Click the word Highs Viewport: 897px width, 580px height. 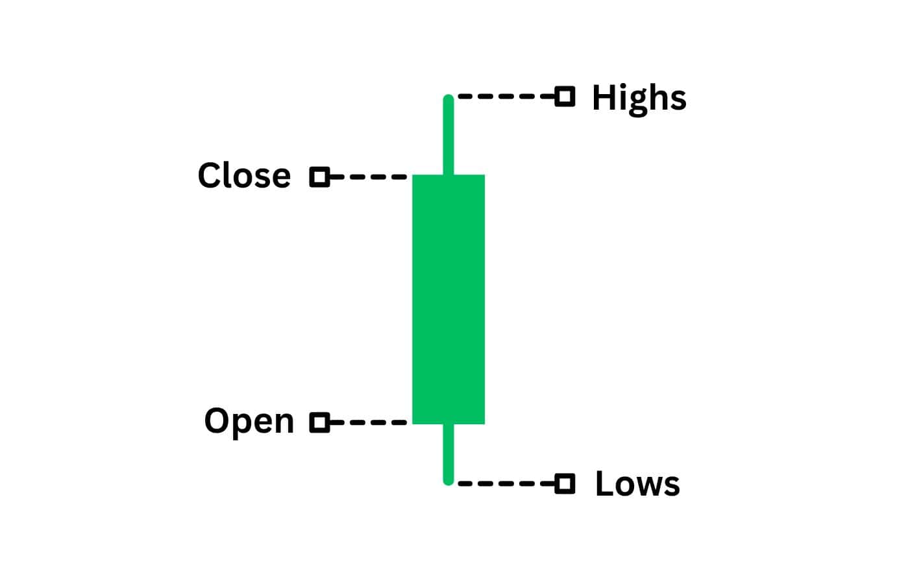[x=639, y=99]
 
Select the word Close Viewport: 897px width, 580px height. [x=244, y=175]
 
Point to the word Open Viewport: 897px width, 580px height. [x=249, y=422]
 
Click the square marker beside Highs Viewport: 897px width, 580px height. [x=565, y=97]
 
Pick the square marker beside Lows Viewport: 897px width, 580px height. [x=565, y=483]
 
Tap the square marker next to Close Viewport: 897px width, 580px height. [x=319, y=177]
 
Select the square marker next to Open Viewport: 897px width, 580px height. [x=319, y=422]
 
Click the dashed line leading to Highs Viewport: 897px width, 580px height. [x=506, y=97]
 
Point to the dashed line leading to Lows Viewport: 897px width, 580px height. [x=506, y=483]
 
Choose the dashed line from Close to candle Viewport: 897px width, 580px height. [x=368, y=177]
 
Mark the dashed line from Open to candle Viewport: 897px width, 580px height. [x=368, y=422]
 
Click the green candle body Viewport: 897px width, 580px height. [x=448, y=299]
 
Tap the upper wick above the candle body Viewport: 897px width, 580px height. [x=448, y=135]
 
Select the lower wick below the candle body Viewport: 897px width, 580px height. [x=448, y=454]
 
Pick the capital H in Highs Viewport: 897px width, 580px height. [x=605, y=97]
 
